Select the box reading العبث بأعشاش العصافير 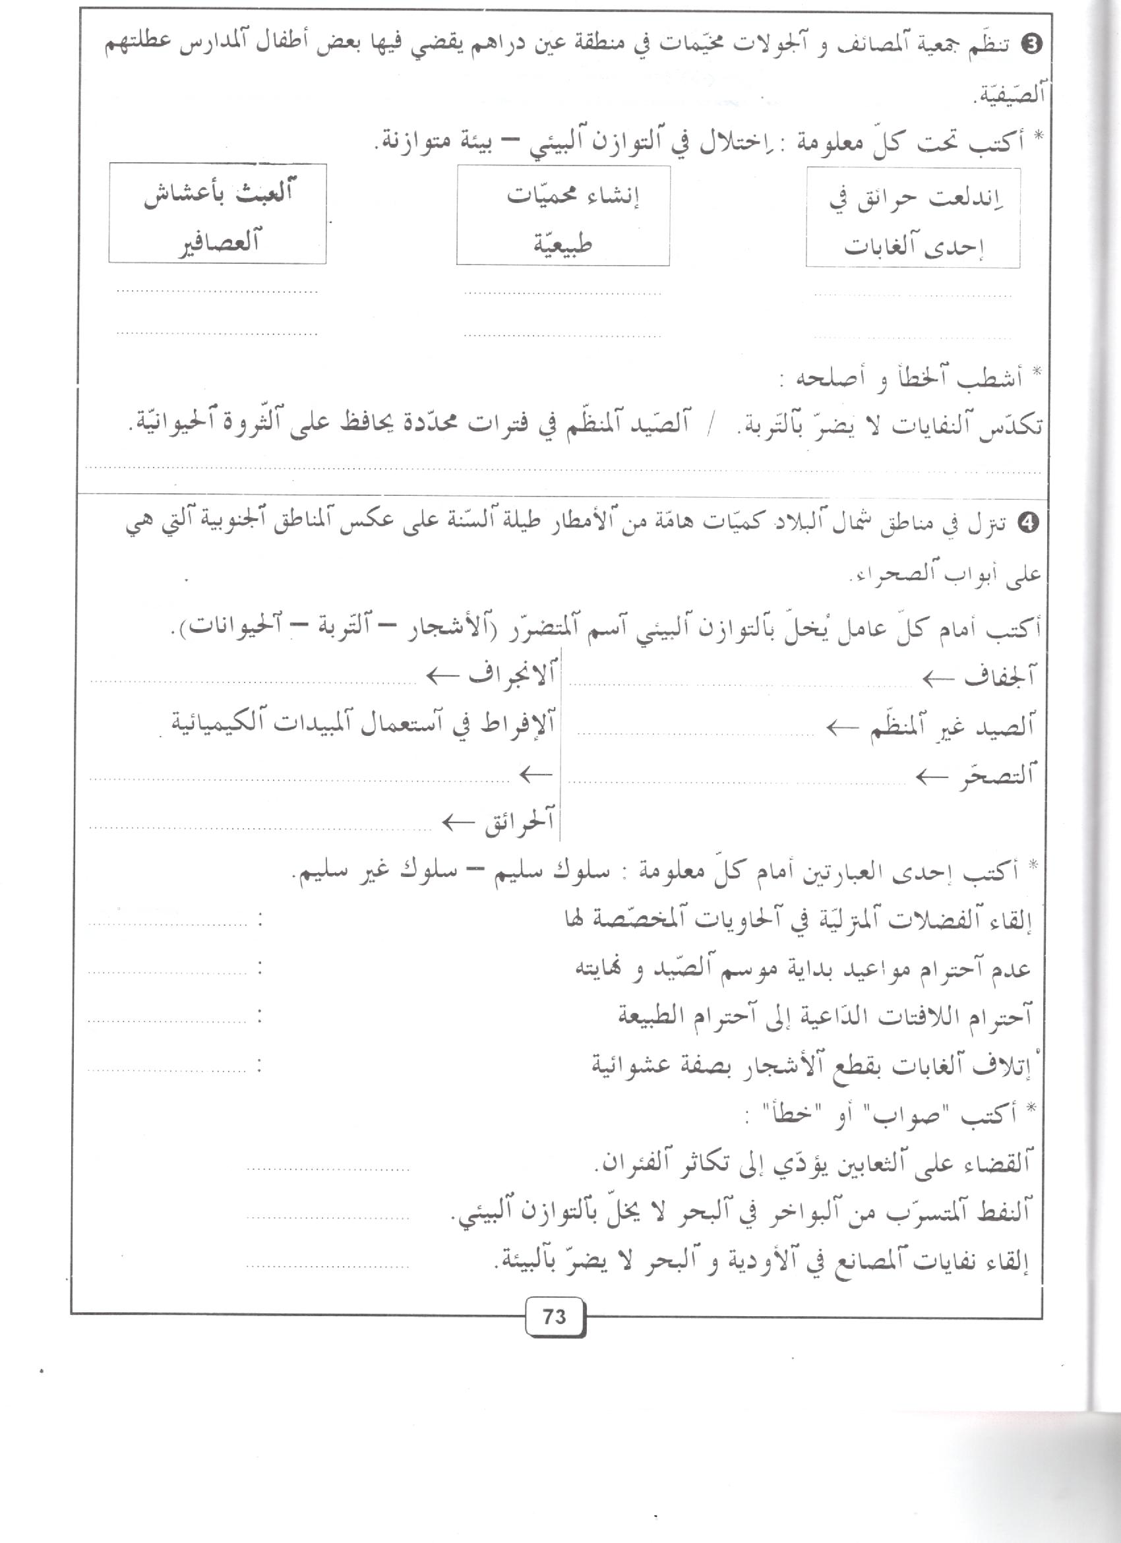click(217, 214)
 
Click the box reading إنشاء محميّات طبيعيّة click(562, 215)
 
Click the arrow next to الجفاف click(939, 679)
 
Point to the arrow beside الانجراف click(444, 676)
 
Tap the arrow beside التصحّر click(932, 776)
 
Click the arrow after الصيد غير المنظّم click(844, 729)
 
